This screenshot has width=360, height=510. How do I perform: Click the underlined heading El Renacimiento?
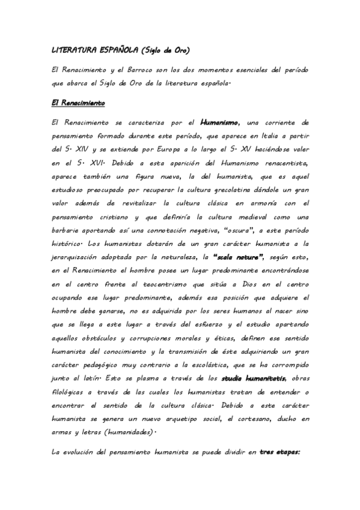pyautogui.click(x=79, y=103)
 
